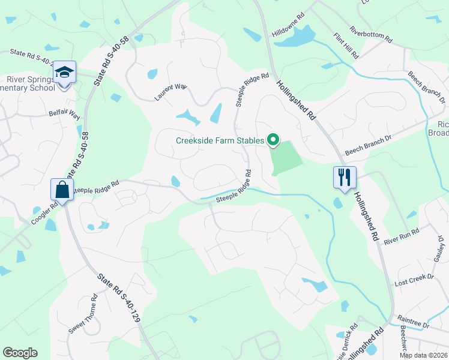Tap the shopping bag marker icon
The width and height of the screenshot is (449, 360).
click(x=63, y=190)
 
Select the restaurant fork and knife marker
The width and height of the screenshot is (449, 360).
click(x=345, y=177)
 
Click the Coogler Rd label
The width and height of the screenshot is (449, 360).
click(x=45, y=212)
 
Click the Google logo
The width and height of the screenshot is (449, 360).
click(x=20, y=353)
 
